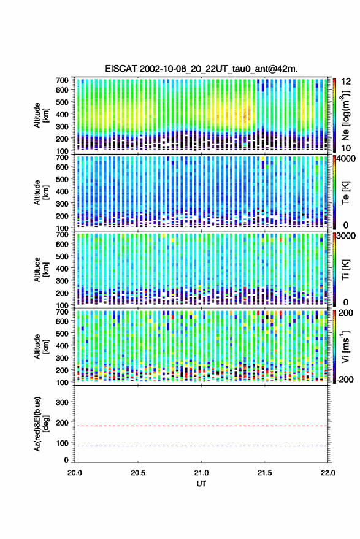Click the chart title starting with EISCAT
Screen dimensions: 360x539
click(x=201, y=69)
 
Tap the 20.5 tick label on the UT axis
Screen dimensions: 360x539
click(x=137, y=473)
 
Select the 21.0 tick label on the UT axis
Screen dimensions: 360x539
click(x=201, y=473)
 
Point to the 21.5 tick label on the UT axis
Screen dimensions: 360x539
click(x=264, y=473)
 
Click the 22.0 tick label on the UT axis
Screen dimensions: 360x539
click(x=327, y=473)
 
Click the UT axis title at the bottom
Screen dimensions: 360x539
click(x=201, y=484)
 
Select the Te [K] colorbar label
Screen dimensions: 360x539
click(x=345, y=193)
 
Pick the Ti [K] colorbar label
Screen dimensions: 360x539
click(x=345, y=270)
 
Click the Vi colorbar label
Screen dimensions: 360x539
click(x=345, y=346)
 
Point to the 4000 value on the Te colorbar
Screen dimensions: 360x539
click(x=347, y=159)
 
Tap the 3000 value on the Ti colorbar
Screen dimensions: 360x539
click(x=347, y=236)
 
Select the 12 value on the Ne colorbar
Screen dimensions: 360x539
click(x=346, y=82)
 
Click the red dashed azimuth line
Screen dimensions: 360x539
click(x=201, y=426)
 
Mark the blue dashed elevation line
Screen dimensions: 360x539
click(x=201, y=446)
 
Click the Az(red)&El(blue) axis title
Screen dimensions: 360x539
click(x=41, y=424)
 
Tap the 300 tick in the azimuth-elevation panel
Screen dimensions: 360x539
click(x=62, y=402)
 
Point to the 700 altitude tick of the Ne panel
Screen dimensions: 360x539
click(x=62, y=80)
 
